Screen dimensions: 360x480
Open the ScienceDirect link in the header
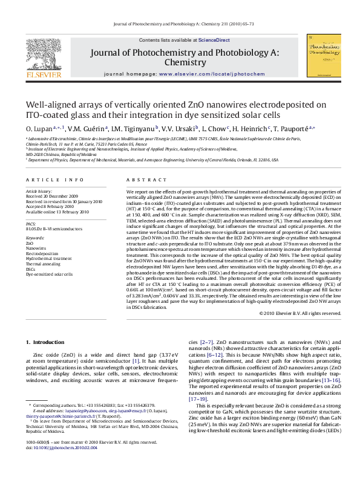click(216, 39)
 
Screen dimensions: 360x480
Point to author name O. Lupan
click(38, 129)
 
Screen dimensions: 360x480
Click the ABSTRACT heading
click(142, 180)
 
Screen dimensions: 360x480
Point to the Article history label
click(38, 190)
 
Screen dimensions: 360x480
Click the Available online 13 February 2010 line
click(54, 211)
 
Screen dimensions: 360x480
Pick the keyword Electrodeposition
click(41, 253)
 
